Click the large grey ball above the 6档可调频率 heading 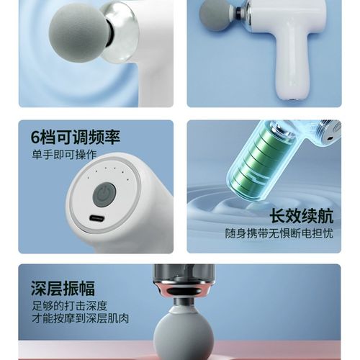tap(78, 32)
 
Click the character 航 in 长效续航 tap(323, 217)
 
